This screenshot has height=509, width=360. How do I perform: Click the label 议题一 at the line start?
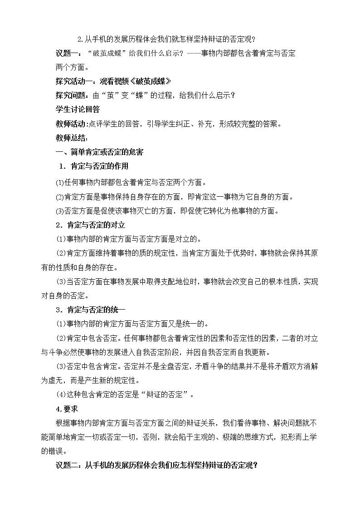[x=66, y=53]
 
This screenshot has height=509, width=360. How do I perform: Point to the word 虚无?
[x=63, y=381]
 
